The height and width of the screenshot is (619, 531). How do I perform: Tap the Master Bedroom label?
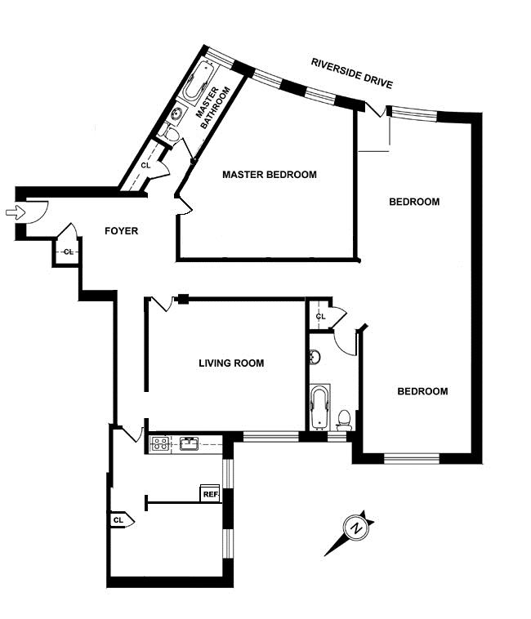click(269, 174)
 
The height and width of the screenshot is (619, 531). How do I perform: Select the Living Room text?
click(231, 363)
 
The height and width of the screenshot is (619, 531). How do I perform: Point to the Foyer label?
click(121, 231)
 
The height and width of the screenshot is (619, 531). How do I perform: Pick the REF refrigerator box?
click(211, 493)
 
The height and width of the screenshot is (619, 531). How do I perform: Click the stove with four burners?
click(159, 444)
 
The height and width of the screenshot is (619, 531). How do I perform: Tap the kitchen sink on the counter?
click(190, 444)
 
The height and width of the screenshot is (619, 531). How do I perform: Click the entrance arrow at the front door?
click(14, 213)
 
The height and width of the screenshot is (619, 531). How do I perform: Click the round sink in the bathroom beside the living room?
click(315, 357)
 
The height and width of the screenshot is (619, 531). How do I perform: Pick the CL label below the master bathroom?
click(145, 165)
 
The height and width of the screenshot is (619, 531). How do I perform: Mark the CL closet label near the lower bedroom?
click(320, 316)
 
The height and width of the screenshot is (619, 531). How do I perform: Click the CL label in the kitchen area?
click(118, 519)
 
